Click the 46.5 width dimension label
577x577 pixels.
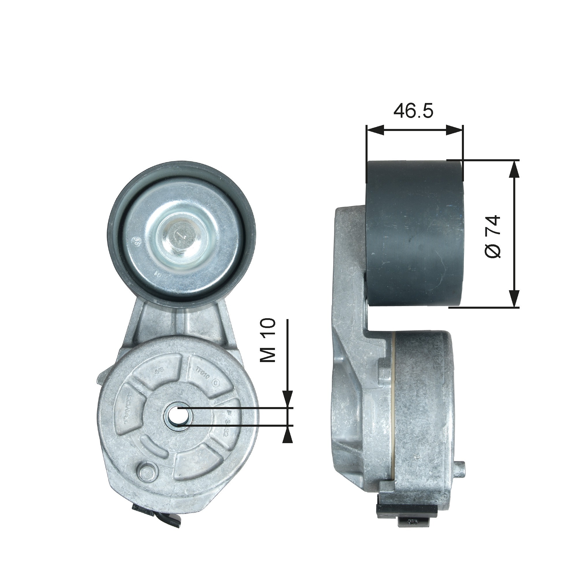[x=413, y=111]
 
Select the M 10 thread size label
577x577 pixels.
[x=268, y=340]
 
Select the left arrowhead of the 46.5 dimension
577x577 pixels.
[x=375, y=130]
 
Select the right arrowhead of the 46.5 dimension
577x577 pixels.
[x=455, y=130]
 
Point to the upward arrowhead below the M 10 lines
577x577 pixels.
[x=287, y=434]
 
